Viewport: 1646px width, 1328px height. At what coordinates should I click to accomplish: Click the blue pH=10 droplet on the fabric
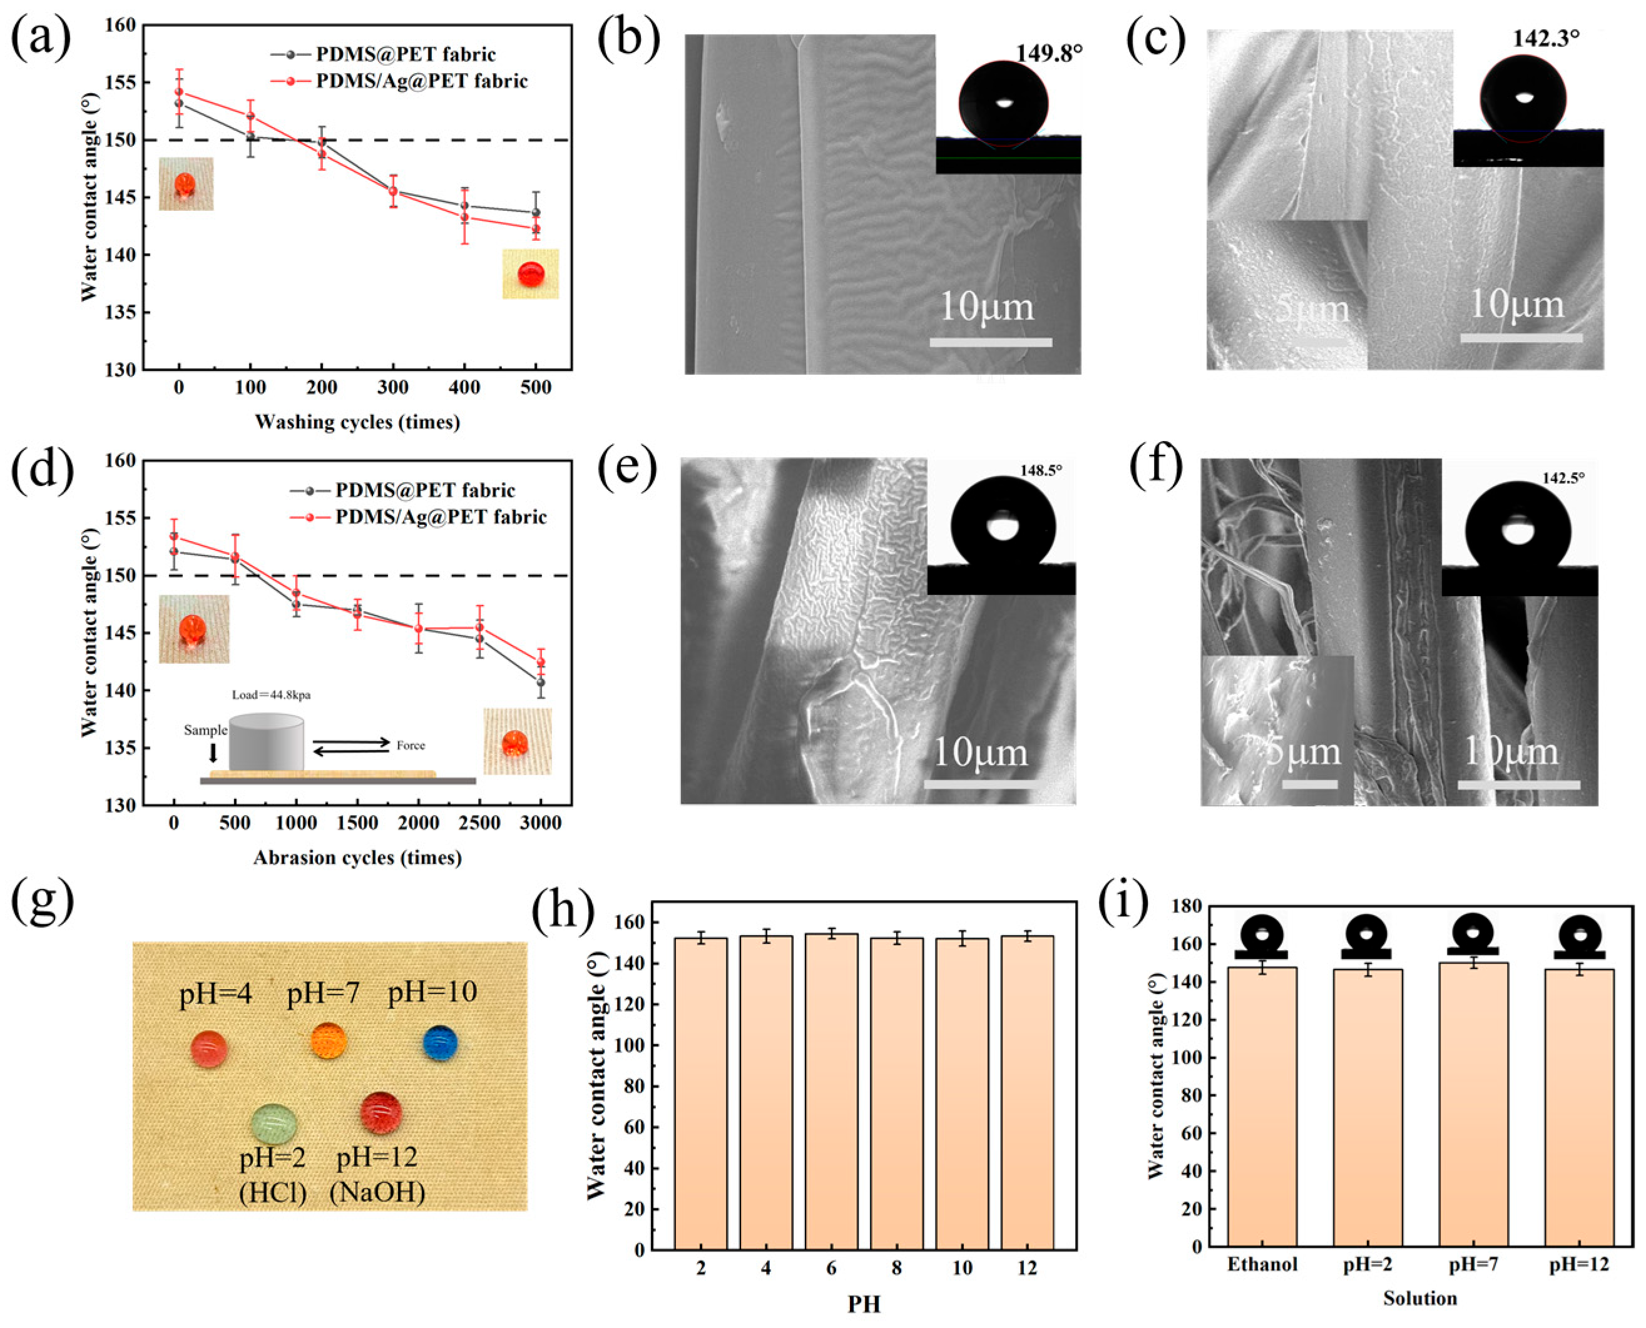[x=440, y=1043]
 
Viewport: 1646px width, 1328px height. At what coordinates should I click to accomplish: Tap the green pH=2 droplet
[x=274, y=1123]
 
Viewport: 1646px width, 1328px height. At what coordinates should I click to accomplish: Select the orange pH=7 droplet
[x=329, y=1041]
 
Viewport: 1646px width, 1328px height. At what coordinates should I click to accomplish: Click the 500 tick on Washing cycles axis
[x=536, y=388]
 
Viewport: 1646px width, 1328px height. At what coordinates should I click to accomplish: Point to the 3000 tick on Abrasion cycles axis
[x=541, y=823]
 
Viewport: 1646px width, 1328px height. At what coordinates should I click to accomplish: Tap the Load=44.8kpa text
[x=272, y=696]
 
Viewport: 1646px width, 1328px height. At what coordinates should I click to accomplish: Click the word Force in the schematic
[x=411, y=745]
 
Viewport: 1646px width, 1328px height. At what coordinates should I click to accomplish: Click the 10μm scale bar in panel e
[x=980, y=783]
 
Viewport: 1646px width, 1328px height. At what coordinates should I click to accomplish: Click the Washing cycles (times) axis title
[x=357, y=422]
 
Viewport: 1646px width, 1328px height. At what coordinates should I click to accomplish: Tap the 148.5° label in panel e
[x=1041, y=470]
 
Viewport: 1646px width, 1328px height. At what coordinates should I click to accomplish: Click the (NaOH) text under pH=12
[x=377, y=1192]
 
